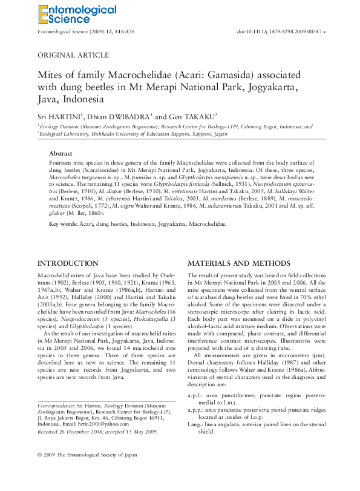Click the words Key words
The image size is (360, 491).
(62, 223)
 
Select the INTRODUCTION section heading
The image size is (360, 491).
(68, 263)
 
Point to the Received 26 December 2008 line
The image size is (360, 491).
(97, 432)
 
